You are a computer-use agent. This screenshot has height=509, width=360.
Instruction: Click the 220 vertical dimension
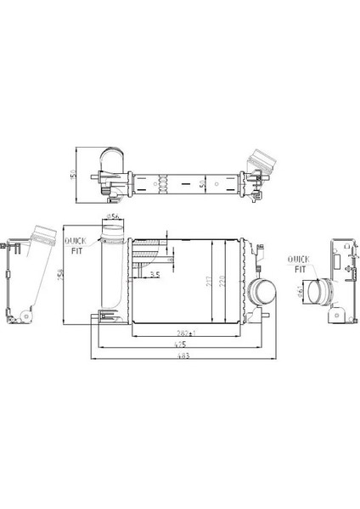coord(222,282)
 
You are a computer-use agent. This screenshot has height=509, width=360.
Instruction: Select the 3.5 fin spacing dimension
coord(155,276)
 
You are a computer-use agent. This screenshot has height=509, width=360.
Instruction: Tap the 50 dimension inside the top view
coord(201,182)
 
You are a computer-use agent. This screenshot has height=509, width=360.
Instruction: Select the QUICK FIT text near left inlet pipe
coord(76,246)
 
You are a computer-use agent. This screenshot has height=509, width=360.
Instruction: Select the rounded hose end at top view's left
coord(110,160)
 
